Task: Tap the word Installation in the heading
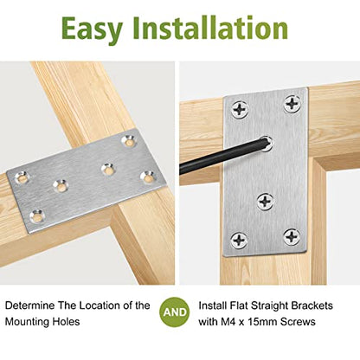[x=210, y=27]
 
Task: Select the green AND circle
[x=175, y=312]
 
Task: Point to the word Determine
[x=30, y=305]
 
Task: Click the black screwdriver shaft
[x=221, y=157]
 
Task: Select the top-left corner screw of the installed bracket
[x=240, y=110]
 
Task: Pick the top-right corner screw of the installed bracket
[x=292, y=103]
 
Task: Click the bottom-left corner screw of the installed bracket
[x=240, y=240]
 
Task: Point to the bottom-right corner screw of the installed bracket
[x=292, y=236]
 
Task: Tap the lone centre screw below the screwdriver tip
[x=266, y=201]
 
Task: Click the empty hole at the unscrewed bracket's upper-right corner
[x=129, y=140]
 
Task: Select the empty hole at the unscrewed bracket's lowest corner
[x=37, y=215]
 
